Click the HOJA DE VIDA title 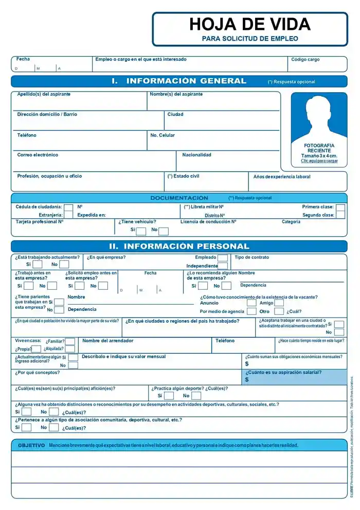click(x=250, y=24)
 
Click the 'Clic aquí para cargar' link click(x=319, y=161)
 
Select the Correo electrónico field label click(x=38, y=155)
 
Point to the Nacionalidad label click(x=196, y=155)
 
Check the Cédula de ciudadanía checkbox click(x=68, y=207)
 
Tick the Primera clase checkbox click(x=340, y=207)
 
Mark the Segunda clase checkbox click(x=340, y=215)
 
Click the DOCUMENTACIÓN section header click(x=179, y=198)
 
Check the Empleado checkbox click(x=223, y=258)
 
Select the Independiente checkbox click(x=223, y=266)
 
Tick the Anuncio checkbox click(x=251, y=303)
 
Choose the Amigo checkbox click(x=279, y=303)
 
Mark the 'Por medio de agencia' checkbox click(x=251, y=311)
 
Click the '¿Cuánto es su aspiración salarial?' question click(x=283, y=373)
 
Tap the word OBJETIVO click(x=31, y=445)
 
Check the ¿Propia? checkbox click(x=37, y=349)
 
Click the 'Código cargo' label click(x=305, y=60)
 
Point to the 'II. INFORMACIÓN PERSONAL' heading click(x=179, y=247)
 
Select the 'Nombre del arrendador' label click(x=107, y=341)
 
